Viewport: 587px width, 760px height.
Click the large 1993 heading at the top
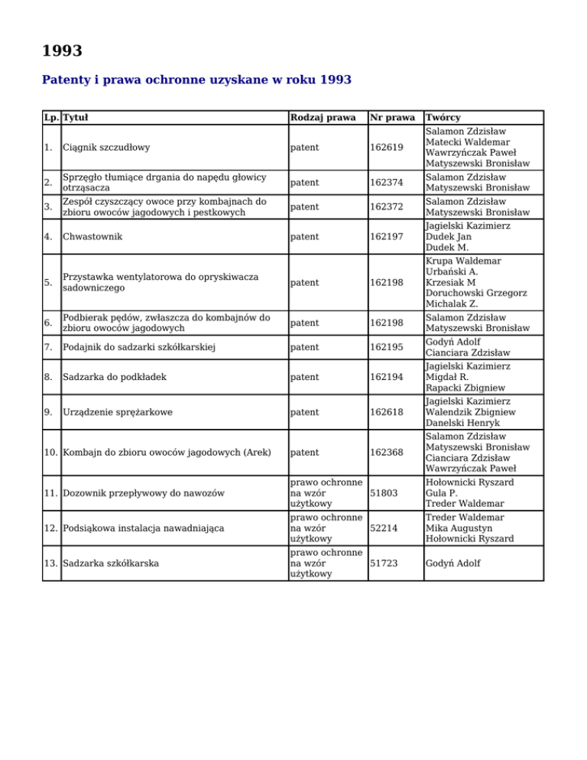[62, 51]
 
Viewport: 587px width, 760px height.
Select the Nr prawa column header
[391, 118]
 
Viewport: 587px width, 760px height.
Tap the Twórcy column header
[443, 118]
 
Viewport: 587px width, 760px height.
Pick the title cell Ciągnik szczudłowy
[107, 147]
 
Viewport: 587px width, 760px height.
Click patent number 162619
[387, 147]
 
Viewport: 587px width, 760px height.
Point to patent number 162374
[387, 183]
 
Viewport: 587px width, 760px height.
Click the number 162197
[387, 236]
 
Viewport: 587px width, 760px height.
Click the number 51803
[384, 493]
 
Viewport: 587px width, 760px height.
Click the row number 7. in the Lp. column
[50, 348]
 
